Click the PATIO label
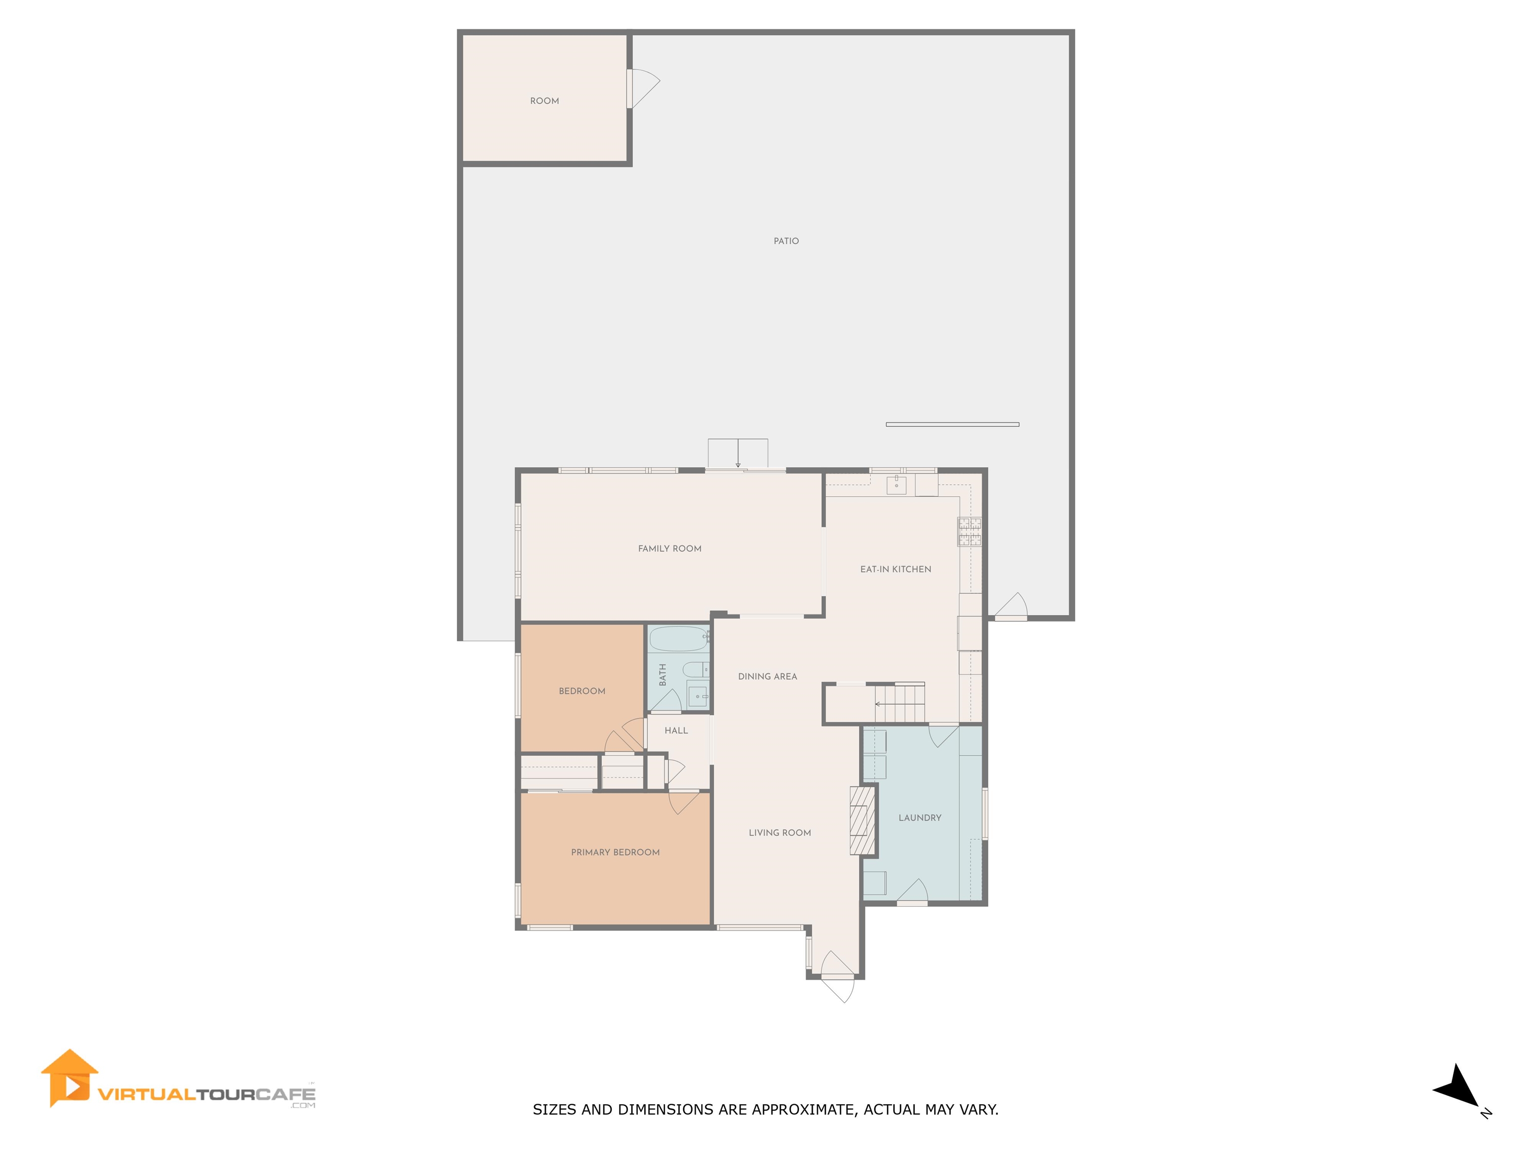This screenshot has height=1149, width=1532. [x=786, y=241]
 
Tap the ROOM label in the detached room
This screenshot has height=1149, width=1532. [x=545, y=101]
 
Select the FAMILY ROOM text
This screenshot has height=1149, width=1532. [x=670, y=549]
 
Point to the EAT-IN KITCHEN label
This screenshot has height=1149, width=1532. [x=896, y=570]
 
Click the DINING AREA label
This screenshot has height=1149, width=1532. [x=767, y=677]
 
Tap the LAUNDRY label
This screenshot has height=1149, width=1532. [x=920, y=818]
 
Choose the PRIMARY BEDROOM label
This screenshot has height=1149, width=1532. [x=615, y=853]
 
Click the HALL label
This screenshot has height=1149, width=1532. [x=676, y=731]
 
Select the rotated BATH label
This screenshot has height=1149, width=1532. [x=663, y=675]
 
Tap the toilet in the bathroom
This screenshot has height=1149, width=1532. [x=695, y=670]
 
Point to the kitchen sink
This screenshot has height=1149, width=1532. [x=896, y=483]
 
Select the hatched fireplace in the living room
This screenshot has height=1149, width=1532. [x=859, y=821]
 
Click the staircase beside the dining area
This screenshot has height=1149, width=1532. [x=899, y=703]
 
